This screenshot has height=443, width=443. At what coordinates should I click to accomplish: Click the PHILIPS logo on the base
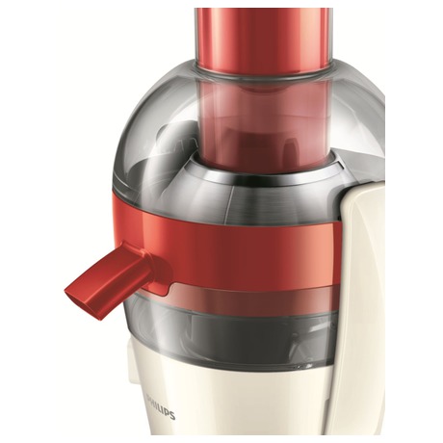coord(161,410)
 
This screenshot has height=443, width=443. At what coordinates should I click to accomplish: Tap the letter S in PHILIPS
coord(172,416)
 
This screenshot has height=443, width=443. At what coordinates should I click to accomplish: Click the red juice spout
coord(117,277)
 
